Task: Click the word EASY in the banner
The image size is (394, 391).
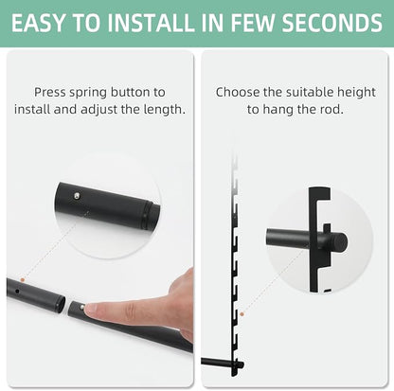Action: pos(38,23)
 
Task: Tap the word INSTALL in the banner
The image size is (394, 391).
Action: pos(151,23)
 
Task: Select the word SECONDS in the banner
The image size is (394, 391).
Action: pos(332,23)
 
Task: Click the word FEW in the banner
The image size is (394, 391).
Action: pos(253,23)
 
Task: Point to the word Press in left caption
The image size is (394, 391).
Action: pos(50,92)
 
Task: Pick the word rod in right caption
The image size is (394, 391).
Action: pos(332,110)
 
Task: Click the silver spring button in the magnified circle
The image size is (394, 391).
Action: pos(77,196)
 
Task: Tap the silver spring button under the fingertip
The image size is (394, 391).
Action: pos(82,307)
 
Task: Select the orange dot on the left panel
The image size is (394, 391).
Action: pos(23,279)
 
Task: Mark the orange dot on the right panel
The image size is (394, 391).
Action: pos(242,314)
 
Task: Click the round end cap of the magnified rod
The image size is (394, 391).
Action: pos(341,242)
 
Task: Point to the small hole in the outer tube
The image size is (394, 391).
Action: pos(17,291)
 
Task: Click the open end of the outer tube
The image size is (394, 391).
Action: pos(62,305)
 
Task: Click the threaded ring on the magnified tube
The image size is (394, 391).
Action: pos(145,216)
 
